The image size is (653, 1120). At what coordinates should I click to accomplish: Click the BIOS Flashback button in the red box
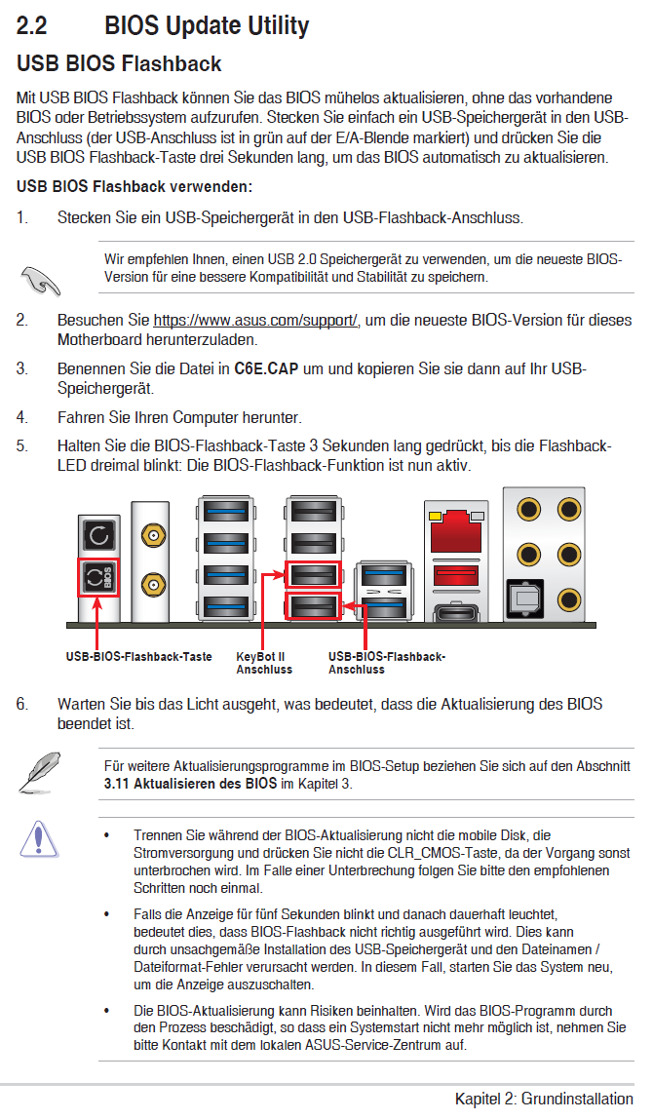[x=97, y=578]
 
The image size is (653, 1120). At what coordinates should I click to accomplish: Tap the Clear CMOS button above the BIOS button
[x=97, y=534]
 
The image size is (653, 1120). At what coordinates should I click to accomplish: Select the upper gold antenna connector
[x=151, y=535]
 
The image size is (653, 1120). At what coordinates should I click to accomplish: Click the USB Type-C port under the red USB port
[x=456, y=611]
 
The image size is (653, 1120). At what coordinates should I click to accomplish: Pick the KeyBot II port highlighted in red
[x=313, y=574]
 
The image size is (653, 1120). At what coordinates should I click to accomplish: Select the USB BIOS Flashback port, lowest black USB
[x=313, y=606]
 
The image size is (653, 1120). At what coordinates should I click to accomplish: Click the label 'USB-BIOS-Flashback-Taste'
[x=139, y=656]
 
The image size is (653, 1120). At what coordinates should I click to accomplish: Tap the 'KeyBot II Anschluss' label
[x=264, y=663]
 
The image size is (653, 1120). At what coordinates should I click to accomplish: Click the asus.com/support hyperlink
[x=255, y=320]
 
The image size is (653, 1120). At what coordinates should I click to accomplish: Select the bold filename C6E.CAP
[x=266, y=368]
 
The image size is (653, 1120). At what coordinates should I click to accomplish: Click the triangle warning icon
[x=39, y=838]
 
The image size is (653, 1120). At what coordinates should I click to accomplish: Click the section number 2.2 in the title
[x=32, y=25]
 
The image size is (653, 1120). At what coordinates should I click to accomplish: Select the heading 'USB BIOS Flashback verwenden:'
[x=134, y=187]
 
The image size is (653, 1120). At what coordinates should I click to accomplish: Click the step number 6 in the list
[x=22, y=705]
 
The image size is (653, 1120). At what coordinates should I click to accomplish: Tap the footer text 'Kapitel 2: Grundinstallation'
[x=545, y=1099]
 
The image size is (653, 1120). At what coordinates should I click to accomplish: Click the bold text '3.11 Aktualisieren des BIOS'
[x=190, y=784]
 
